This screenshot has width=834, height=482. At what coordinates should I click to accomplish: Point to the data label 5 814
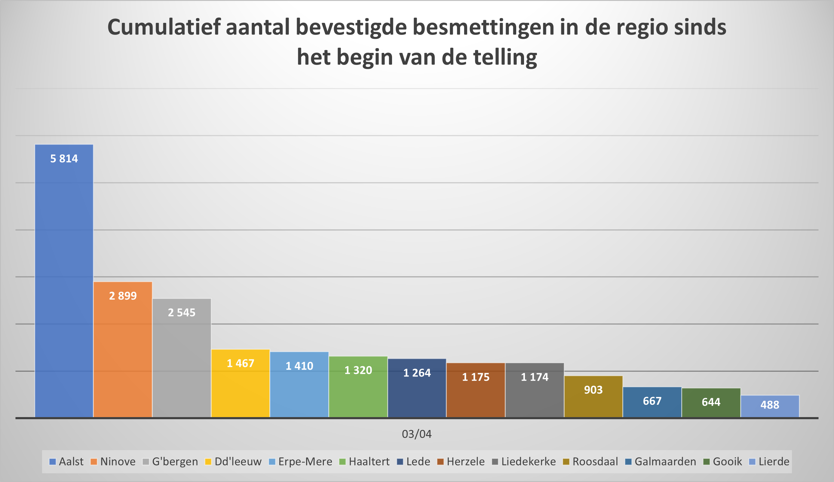(x=64, y=159)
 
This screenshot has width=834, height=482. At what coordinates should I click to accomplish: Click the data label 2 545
(x=182, y=313)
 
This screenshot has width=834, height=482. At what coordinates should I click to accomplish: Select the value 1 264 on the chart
(x=417, y=373)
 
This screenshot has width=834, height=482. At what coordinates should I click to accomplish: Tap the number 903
(x=593, y=390)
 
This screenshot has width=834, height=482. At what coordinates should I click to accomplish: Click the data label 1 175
(x=476, y=377)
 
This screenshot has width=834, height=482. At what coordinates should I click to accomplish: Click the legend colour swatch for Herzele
(x=440, y=462)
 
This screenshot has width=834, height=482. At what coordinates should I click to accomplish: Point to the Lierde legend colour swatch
(x=752, y=462)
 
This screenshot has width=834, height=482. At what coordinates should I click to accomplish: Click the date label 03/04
(x=417, y=434)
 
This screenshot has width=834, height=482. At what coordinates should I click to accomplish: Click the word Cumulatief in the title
(x=164, y=27)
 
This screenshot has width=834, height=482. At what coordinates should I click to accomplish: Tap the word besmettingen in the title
(x=483, y=27)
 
